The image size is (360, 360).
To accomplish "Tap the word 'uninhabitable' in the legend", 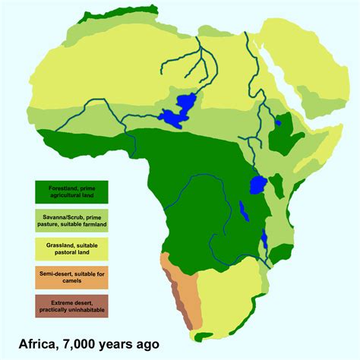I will pyautogui.click(x=86, y=310).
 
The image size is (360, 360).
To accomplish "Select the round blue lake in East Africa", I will pyautogui.click(x=257, y=185).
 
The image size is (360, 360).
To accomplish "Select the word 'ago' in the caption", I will pyautogui.click(x=147, y=344).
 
